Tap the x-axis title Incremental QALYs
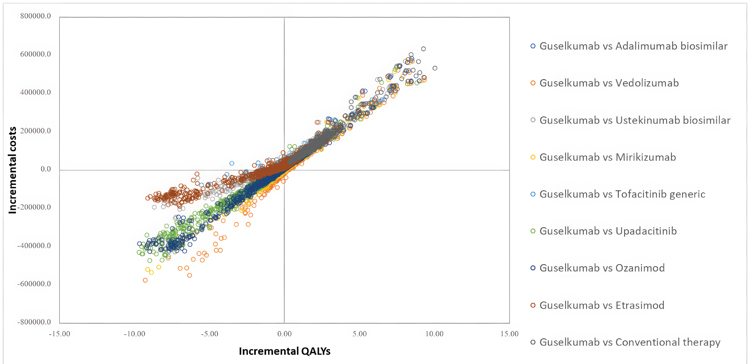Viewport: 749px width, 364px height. [x=284, y=351]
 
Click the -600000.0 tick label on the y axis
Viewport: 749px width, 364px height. [x=34, y=284]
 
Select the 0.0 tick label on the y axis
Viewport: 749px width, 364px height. [x=46, y=169]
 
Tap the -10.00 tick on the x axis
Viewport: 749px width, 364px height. [x=134, y=334]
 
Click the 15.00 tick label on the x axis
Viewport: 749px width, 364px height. [x=509, y=334]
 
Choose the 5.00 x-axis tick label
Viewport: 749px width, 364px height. [x=359, y=334]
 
